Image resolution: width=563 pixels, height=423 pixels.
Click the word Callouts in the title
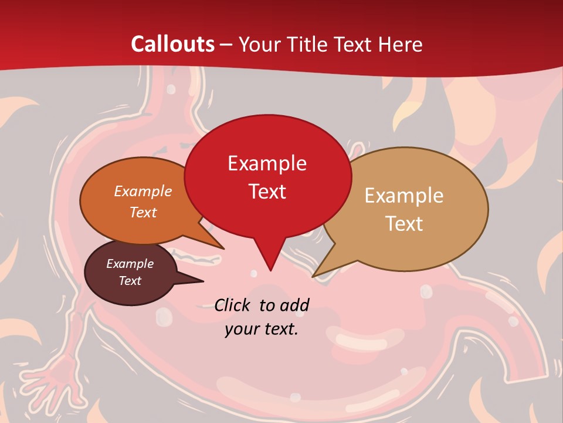point(172,44)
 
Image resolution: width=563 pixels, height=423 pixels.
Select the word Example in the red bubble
point(267,163)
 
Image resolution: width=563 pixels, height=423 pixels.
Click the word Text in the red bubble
point(267,192)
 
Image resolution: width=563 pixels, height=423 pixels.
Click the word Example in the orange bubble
point(143,191)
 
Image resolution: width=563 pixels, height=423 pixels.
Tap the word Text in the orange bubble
point(143,212)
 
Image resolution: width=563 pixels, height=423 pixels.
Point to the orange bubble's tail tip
point(223,249)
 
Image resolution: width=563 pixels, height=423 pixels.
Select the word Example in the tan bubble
point(404,196)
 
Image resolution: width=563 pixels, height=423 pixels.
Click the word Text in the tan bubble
point(404,224)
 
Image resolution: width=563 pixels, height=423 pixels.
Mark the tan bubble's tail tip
point(313,276)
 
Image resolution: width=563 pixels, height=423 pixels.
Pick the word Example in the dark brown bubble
point(130,264)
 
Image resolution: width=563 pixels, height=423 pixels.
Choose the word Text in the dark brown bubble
point(130,281)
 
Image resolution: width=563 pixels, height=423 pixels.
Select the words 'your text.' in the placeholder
point(262,329)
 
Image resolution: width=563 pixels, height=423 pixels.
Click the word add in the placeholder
point(295,305)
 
